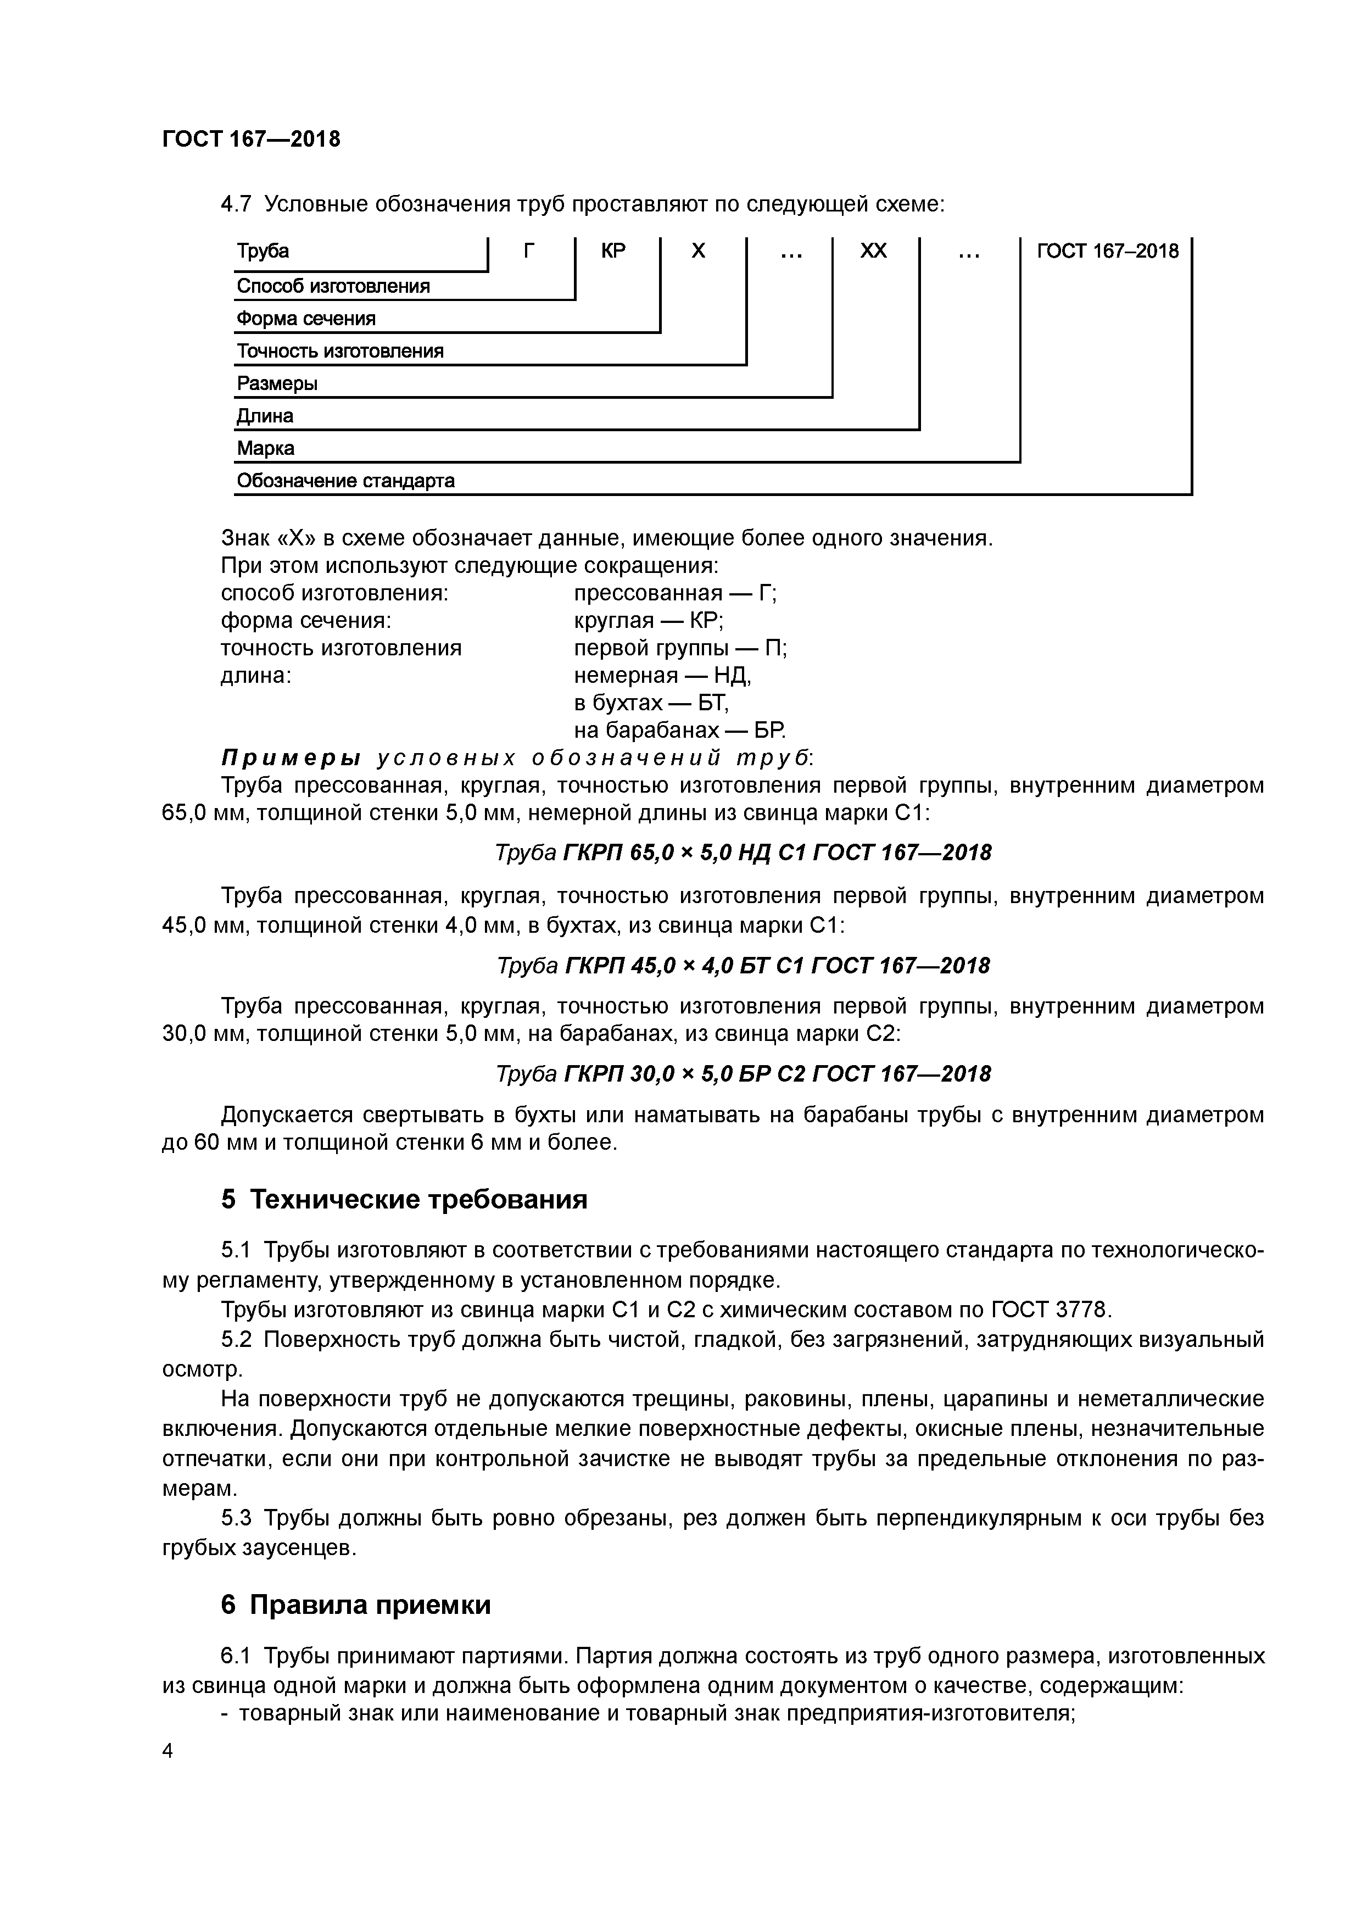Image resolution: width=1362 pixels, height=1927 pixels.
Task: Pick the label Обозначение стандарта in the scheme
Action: [x=345, y=481]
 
